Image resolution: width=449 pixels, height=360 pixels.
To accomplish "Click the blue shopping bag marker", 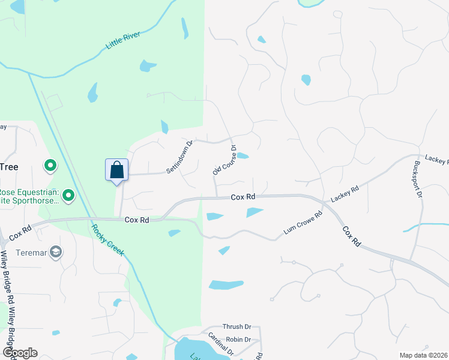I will (x=116, y=170).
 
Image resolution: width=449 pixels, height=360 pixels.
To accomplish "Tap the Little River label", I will (x=123, y=40).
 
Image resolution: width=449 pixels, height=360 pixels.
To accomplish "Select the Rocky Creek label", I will (x=107, y=239).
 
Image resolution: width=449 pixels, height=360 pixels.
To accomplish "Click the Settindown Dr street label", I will (x=179, y=157).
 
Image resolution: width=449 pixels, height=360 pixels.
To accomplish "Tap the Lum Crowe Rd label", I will (x=303, y=223).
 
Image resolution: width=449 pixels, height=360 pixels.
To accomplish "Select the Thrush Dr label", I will (x=237, y=327).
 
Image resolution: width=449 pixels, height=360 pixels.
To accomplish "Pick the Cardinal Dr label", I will (x=220, y=343).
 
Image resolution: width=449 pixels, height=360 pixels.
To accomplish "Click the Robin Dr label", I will (x=238, y=339).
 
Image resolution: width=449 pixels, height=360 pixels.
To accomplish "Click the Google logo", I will (x=19, y=353).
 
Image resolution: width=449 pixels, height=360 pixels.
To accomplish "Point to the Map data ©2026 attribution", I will (x=423, y=355).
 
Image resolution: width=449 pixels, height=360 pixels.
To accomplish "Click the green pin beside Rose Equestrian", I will (x=68, y=195).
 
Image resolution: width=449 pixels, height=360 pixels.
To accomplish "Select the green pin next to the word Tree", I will (x=50, y=164).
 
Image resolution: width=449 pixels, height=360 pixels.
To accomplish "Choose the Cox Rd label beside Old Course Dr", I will (x=244, y=197).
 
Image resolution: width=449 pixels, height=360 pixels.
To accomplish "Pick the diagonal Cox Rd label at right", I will (x=352, y=236).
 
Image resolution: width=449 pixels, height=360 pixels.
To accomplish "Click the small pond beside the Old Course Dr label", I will (x=243, y=156).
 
